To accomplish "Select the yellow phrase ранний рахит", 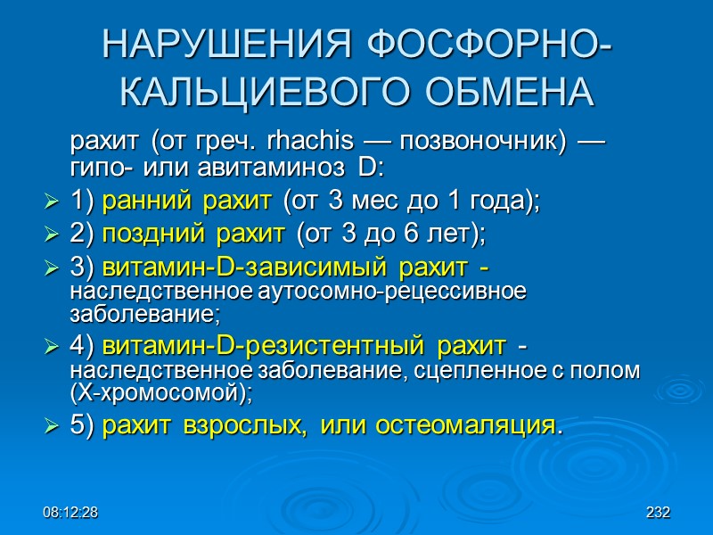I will (190, 203).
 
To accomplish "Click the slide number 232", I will (658, 514).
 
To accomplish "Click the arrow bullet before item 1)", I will (51, 204).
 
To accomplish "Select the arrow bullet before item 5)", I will (51, 426).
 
